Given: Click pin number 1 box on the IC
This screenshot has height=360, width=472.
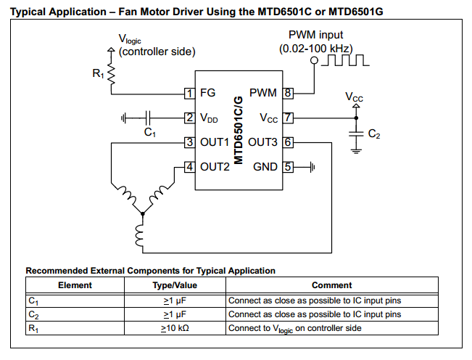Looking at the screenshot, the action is click(x=190, y=93).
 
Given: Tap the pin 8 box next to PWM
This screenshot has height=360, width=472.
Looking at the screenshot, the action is click(x=288, y=93).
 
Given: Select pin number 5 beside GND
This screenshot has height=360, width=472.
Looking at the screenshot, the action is click(x=288, y=167).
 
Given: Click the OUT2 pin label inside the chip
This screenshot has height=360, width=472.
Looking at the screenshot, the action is click(x=215, y=167).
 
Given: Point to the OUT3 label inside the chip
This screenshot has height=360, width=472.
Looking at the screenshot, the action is click(x=262, y=142).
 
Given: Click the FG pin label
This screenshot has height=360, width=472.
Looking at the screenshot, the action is click(x=207, y=93).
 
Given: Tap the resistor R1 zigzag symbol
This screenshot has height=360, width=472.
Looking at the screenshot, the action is click(x=112, y=74).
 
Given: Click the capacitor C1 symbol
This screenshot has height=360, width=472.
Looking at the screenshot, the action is click(x=147, y=118).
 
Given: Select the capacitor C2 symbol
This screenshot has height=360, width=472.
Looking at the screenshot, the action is click(x=356, y=134).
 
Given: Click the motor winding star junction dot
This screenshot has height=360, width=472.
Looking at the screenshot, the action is click(x=143, y=213).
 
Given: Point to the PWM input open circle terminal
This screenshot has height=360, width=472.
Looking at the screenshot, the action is click(x=314, y=60).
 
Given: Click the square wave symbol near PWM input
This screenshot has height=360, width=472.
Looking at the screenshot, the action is click(x=345, y=60).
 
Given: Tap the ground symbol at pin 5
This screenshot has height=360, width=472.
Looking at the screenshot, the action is click(x=312, y=167).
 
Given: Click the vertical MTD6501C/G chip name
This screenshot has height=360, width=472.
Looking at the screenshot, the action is click(x=238, y=130).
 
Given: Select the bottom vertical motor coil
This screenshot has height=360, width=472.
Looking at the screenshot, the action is click(x=140, y=236).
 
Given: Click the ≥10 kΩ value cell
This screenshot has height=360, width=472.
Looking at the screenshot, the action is click(x=175, y=328).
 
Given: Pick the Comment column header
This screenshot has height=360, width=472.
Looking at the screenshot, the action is click(x=332, y=285).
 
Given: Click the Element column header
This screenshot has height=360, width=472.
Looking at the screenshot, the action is click(x=75, y=285).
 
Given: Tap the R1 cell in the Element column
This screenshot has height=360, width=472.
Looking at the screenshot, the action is click(x=33, y=328).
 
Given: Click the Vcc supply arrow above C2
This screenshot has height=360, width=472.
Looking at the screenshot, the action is click(x=356, y=106).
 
